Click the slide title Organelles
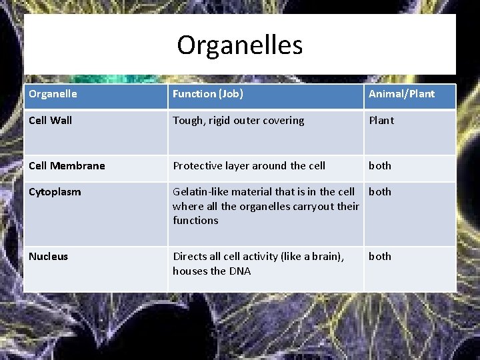click(239, 45)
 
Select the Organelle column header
click(53, 94)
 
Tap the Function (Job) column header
click(207, 94)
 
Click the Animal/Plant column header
click(401, 94)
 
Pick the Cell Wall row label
click(50, 121)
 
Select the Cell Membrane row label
click(67, 166)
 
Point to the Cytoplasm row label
click(55, 192)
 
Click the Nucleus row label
click(48, 257)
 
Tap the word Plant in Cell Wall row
click(381, 121)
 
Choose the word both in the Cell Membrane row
click(380, 166)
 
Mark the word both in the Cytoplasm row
click(380, 192)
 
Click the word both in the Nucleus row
click(380, 257)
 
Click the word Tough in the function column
click(187, 121)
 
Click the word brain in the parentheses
click(325, 257)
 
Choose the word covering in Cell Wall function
click(282, 121)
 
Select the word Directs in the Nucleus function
click(189, 257)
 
